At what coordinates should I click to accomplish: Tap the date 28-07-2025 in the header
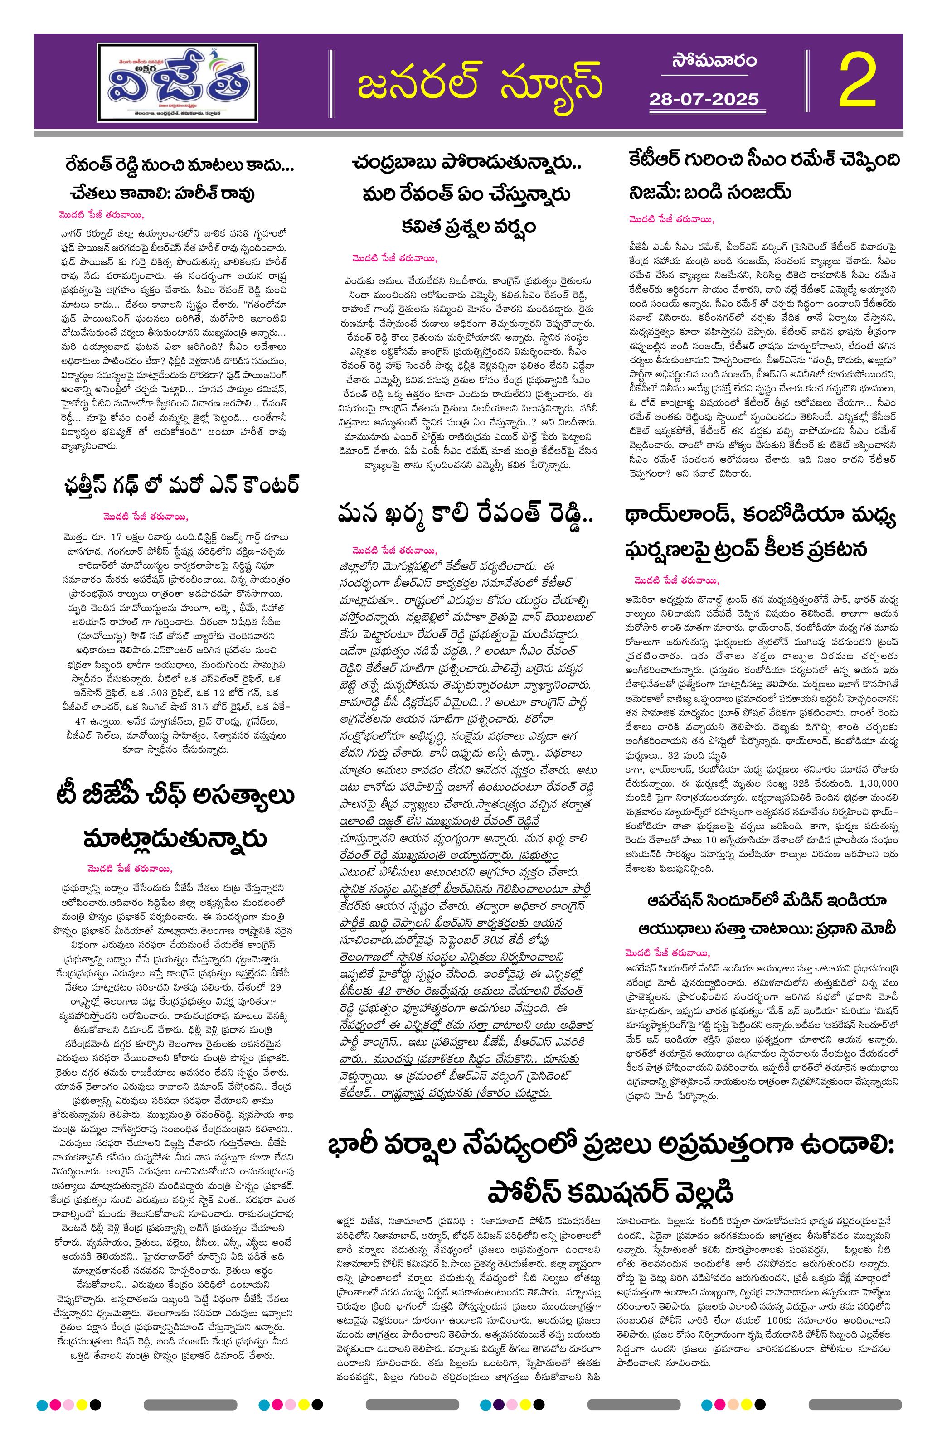pyautogui.click(x=704, y=99)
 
